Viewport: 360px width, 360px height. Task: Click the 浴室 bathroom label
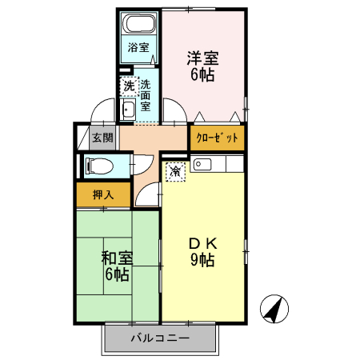(x=138, y=47)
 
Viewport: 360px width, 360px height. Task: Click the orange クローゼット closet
(x=217, y=138)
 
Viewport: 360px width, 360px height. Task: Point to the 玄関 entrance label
(x=102, y=138)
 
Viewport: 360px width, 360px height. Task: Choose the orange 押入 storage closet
(x=103, y=194)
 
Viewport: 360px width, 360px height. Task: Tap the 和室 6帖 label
(x=116, y=266)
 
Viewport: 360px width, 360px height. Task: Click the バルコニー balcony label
(x=160, y=338)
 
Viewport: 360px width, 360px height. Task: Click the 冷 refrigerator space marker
(x=175, y=170)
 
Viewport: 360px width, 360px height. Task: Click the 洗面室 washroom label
(x=146, y=94)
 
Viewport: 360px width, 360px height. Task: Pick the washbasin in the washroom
(x=128, y=110)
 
